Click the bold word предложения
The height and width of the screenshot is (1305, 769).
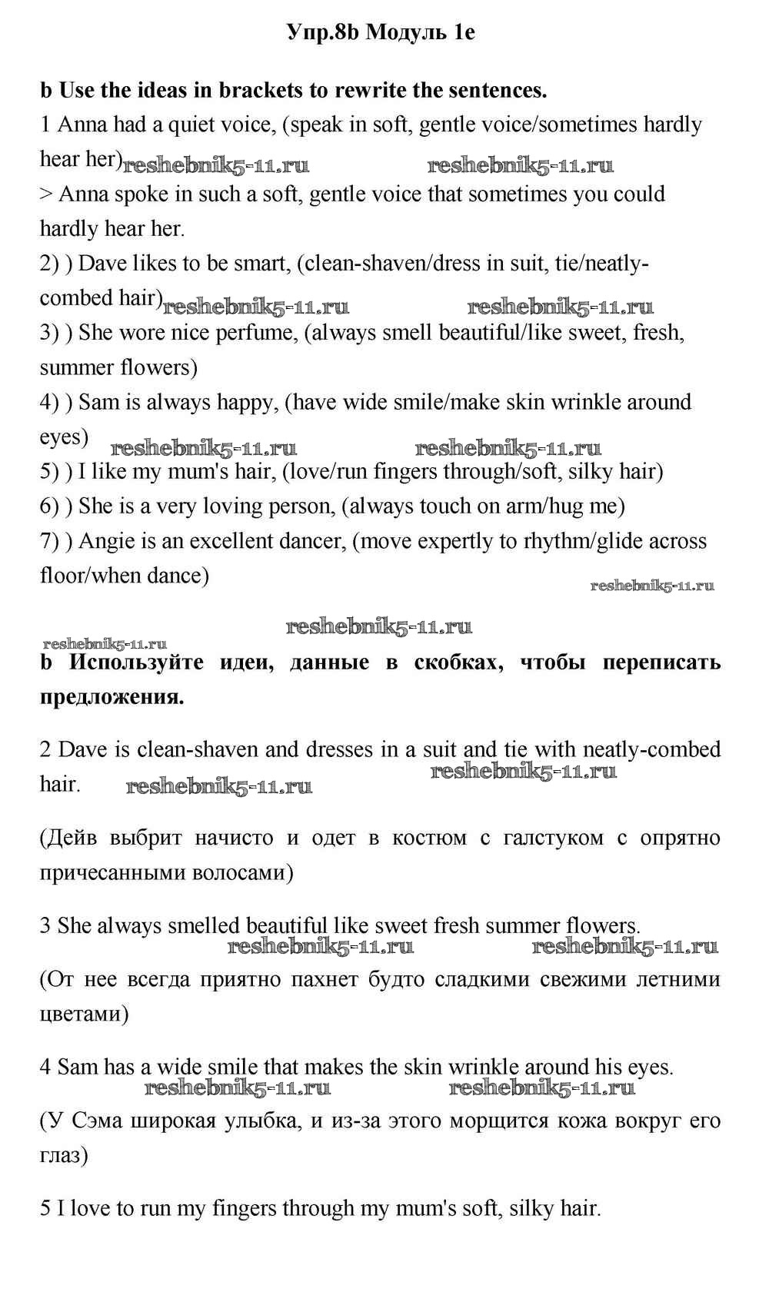click(112, 697)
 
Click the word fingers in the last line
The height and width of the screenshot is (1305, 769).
click(244, 1208)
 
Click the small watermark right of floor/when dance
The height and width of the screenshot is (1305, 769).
click(652, 586)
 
